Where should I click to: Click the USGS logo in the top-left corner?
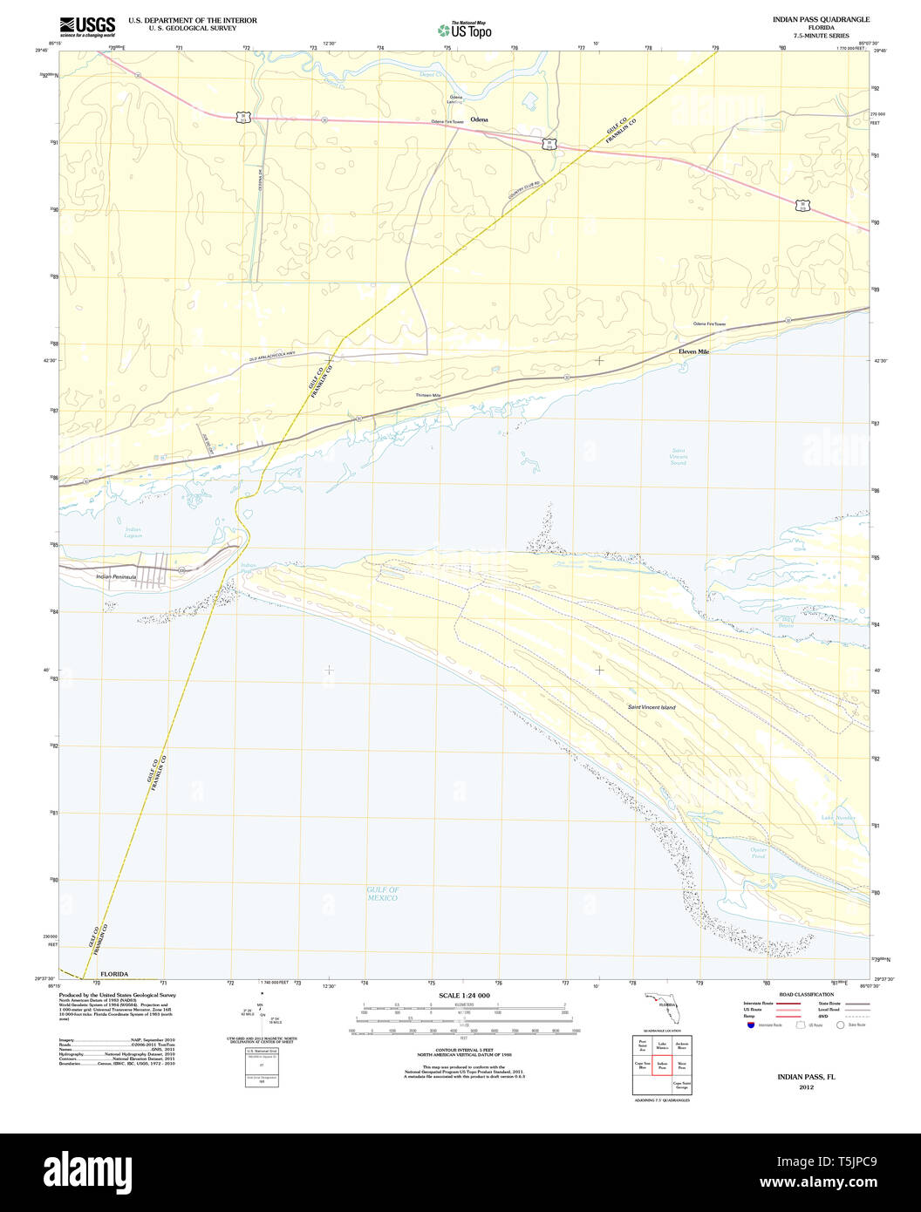(x=86, y=26)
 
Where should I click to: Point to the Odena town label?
(x=479, y=119)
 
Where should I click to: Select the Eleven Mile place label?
(x=694, y=351)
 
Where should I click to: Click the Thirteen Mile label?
(x=428, y=395)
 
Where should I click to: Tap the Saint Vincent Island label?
(x=652, y=707)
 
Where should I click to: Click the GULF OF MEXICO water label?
(x=383, y=894)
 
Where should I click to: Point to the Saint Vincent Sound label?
(x=679, y=457)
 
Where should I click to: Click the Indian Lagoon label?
(x=133, y=533)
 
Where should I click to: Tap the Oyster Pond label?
(x=758, y=853)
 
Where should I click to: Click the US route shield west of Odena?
(x=244, y=117)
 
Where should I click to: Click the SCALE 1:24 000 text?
(x=464, y=996)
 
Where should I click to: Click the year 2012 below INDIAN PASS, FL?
(x=807, y=1087)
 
